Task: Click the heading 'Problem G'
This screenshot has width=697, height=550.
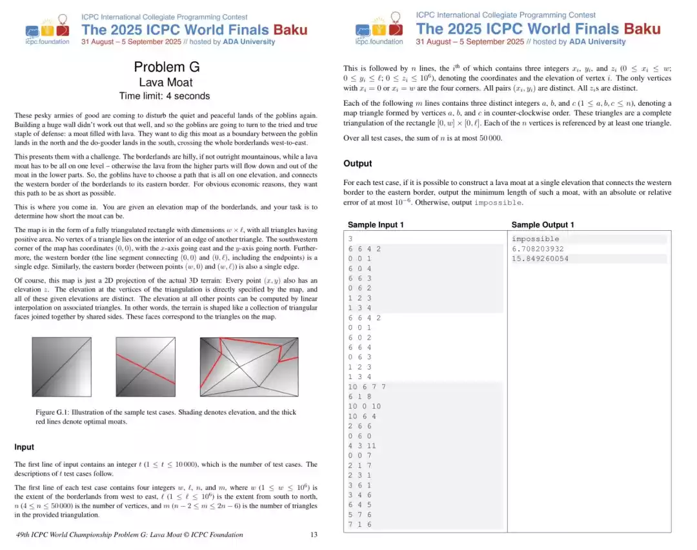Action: pos(167,67)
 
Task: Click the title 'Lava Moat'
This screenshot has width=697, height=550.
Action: pos(166,82)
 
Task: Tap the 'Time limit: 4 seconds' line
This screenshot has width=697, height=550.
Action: pos(165,96)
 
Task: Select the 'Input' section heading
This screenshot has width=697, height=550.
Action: pos(25,447)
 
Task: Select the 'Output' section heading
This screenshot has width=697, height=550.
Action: pos(358,164)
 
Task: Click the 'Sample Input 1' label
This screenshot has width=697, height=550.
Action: pos(376,225)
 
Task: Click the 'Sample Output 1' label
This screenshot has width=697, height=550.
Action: pos(543,225)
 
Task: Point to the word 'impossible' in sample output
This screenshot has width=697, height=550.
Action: pos(535,239)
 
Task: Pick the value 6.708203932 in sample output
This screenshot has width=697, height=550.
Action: pos(538,249)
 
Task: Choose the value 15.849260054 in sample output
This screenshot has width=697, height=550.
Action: pos(540,259)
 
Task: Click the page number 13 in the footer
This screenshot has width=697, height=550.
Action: pos(314,535)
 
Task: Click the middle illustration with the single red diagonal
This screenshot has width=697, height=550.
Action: pos(145,368)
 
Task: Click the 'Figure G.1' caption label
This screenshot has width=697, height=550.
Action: pos(53,412)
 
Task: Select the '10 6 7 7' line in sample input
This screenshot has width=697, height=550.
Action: pos(367,387)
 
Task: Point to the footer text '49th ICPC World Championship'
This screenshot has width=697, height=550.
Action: pos(72,535)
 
